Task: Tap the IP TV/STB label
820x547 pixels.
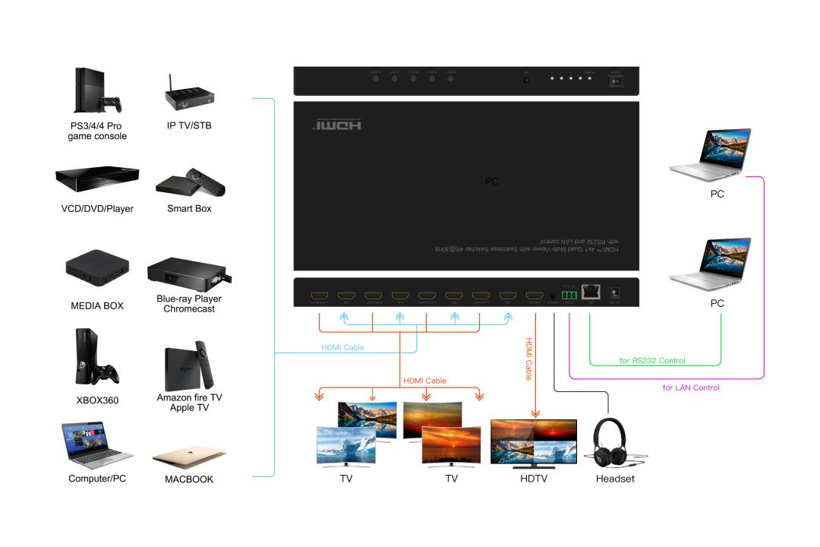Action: pyautogui.click(x=189, y=125)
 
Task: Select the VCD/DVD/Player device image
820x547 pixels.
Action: pyautogui.click(x=97, y=179)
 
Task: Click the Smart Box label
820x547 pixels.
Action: pyautogui.click(x=189, y=208)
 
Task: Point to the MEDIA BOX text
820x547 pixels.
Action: pyautogui.click(x=97, y=305)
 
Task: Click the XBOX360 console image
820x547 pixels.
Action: pyautogui.click(x=96, y=358)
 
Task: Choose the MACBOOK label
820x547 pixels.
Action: pyautogui.click(x=189, y=479)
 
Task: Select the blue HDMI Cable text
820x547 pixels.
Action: pyautogui.click(x=342, y=348)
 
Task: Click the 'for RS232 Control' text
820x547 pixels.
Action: pyautogui.click(x=652, y=360)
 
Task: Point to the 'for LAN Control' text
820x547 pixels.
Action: pyautogui.click(x=691, y=387)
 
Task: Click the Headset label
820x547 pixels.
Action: pyautogui.click(x=615, y=479)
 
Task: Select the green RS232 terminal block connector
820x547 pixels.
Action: pyautogui.click(x=569, y=293)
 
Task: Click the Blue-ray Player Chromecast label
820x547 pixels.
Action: pyautogui.click(x=189, y=304)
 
